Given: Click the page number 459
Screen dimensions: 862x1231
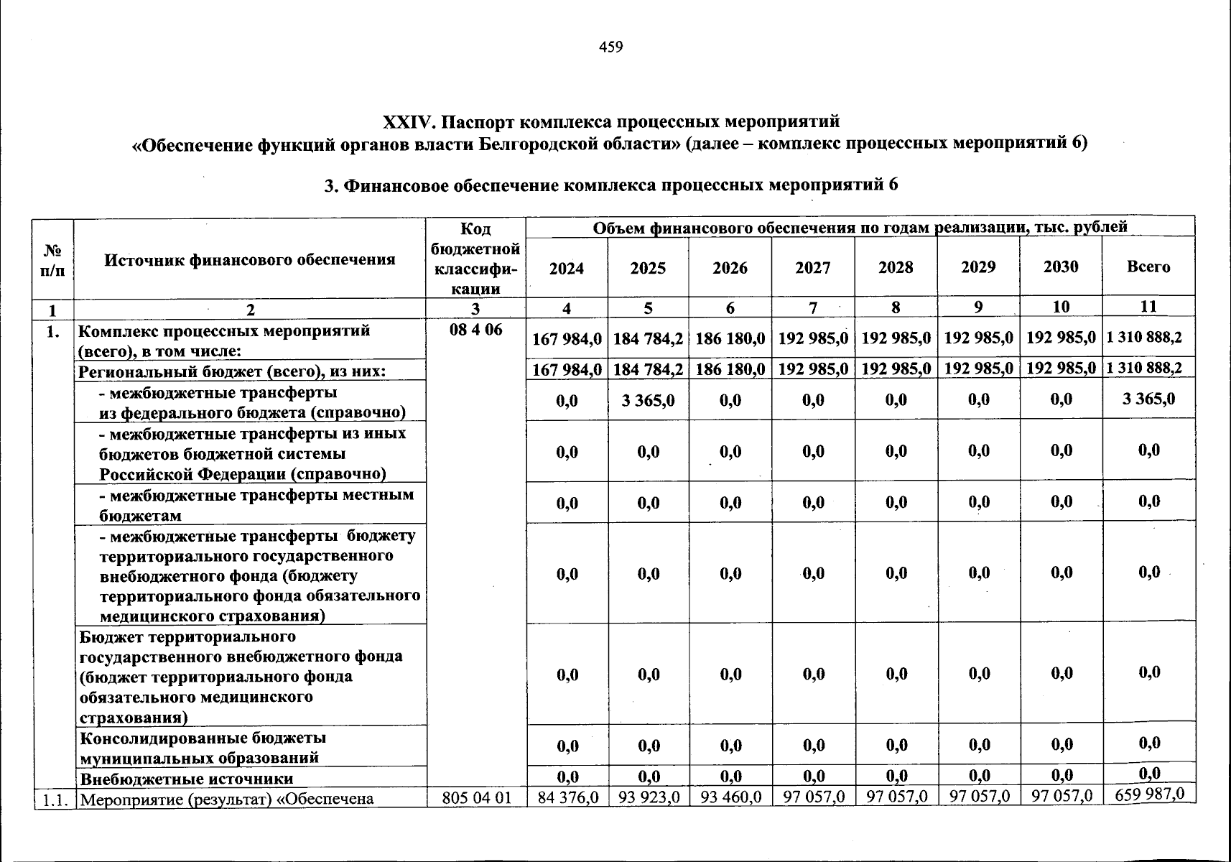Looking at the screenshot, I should point(610,47).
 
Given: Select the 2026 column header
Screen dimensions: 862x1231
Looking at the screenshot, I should point(730,269).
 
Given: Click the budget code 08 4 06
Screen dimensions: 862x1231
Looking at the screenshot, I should point(475,332).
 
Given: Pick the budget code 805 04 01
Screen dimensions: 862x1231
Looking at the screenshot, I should point(475,797).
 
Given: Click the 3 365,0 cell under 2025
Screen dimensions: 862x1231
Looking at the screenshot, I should point(648,400).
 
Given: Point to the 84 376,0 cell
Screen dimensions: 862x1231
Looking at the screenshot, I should point(567,797).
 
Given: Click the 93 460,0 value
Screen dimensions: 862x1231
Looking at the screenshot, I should point(730,797).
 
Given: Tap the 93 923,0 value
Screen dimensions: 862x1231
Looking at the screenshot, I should point(648,797).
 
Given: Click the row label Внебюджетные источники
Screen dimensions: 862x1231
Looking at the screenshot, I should point(186,779).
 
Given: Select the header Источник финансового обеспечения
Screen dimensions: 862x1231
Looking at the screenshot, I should point(250,260).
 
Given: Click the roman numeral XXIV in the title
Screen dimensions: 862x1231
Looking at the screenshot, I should point(407,119).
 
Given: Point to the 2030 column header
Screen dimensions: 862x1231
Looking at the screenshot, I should point(1061,267).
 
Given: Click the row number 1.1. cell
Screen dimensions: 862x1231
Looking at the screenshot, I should point(54,797).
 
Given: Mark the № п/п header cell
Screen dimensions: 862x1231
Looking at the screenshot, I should point(53,260).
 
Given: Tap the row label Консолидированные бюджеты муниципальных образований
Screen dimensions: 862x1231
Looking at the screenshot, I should point(203,748).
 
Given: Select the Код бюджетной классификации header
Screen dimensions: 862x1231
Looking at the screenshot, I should point(475,259).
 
